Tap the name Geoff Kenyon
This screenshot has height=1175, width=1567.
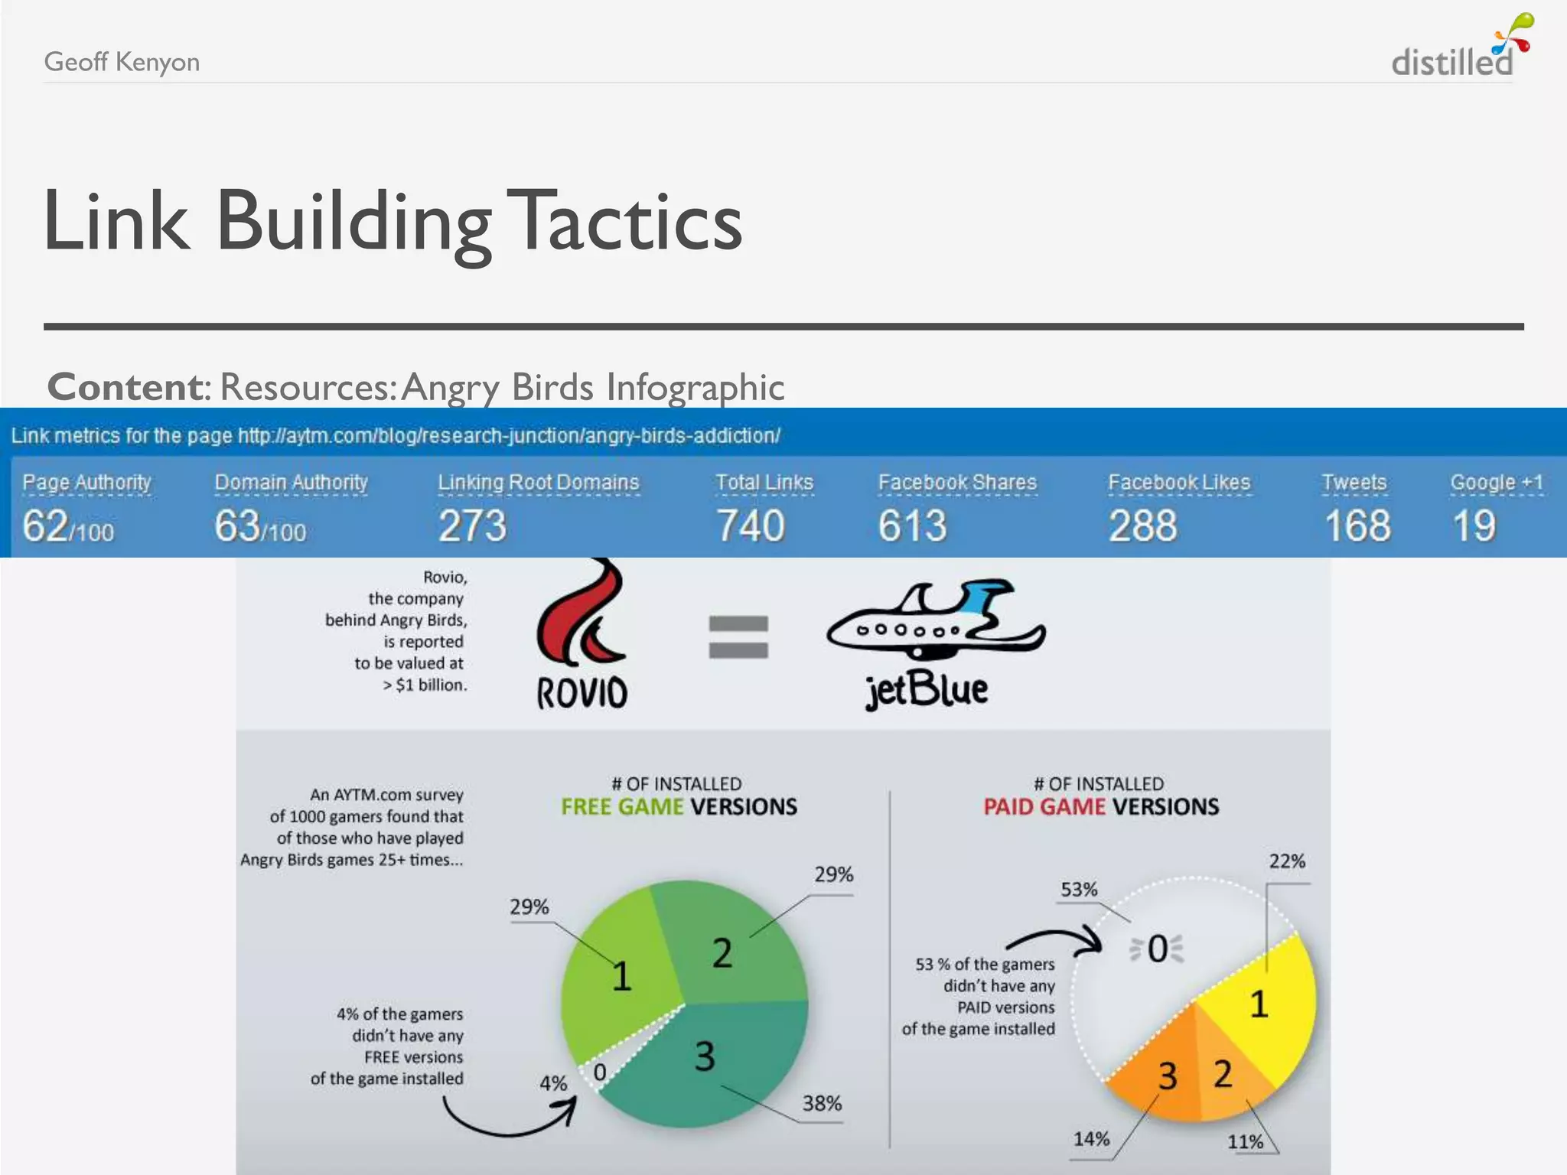tap(122, 62)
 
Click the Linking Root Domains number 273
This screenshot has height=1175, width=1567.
tap(472, 526)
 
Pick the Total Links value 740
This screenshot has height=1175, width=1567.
tap(750, 526)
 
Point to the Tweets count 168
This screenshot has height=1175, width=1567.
tap(1357, 526)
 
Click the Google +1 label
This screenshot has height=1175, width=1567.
tap(1496, 483)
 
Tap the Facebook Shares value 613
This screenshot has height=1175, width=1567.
tap(912, 526)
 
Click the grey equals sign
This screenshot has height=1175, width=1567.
tap(738, 637)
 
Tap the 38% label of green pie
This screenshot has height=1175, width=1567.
tap(822, 1103)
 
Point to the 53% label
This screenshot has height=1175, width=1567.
tap(1079, 890)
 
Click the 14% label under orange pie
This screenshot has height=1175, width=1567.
tap(1091, 1139)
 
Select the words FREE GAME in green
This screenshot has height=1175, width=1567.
tap(621, 807)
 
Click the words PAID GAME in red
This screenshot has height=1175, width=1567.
tap(1044, 807)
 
